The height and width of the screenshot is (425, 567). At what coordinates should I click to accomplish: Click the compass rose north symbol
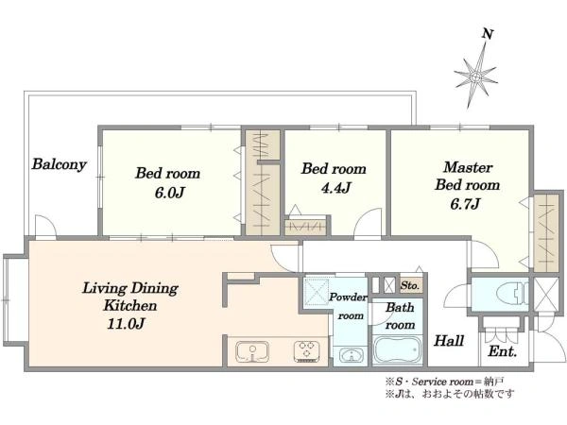(x=476, y=76)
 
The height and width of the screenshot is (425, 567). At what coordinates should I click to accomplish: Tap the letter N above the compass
(x=488, y=34)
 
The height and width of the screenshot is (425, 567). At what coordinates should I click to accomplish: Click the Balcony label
(x=60, y=164)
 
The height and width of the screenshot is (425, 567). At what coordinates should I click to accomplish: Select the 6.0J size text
(x=169, y=193)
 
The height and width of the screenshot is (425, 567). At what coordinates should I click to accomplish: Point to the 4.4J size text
(x=335, y=188)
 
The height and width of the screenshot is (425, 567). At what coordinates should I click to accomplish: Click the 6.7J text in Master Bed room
(x=465, y=204)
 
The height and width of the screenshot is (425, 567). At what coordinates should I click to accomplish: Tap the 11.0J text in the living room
(x=127, y=323)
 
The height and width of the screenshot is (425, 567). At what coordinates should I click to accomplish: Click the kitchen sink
(x=252, y=351)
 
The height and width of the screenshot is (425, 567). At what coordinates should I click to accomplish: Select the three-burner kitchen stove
(x=306, y=351)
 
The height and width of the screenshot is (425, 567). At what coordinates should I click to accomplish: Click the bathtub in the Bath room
(x=398, y=349)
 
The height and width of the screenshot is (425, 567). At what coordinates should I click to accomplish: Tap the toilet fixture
(x=513, y=293)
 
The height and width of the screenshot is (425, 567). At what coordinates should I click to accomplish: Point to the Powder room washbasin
(x=350, y=355)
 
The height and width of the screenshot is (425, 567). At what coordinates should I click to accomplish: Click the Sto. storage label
(x=410, y=286)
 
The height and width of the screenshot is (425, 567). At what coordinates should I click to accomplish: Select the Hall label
(x=449, y=341)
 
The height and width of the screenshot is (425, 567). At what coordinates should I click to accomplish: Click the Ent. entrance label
(x=503, y=351)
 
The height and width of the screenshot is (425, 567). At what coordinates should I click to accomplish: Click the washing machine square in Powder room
(x=317, y=291)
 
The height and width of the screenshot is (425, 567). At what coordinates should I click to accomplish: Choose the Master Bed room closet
(x=545, y=233)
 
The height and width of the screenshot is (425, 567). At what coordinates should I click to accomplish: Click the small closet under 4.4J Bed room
(x=305, y=227)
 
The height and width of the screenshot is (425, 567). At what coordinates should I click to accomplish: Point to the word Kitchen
(x=130, y=306)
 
